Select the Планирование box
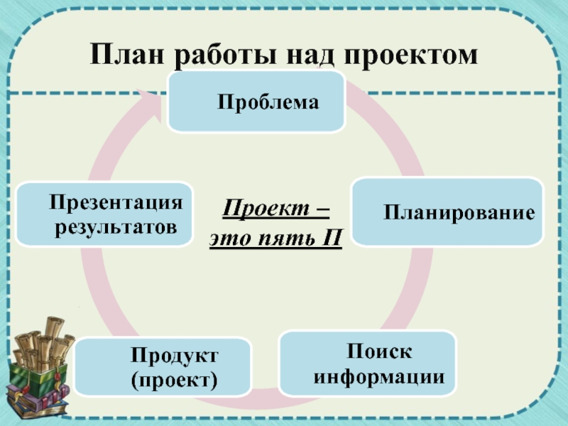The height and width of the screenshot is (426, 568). coord(447,212)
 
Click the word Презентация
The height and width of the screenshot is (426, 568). coord(116,203)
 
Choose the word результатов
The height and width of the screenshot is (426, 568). coord(116,228)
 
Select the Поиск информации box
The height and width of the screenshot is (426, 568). coord(367,363)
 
